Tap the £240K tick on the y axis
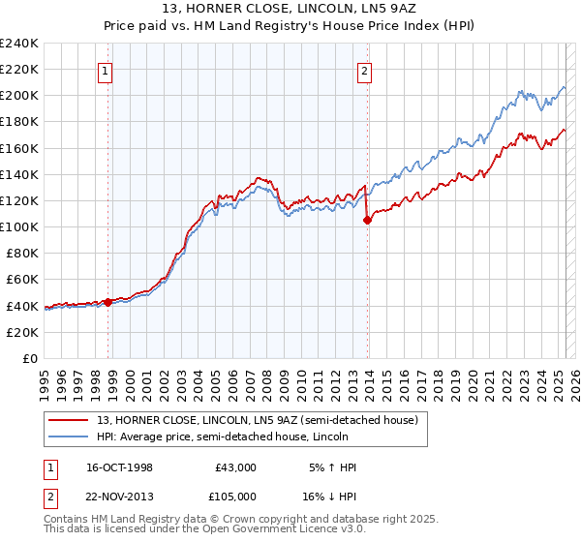pos(19,44)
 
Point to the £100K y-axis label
pos(19,226)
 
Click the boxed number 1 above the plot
pos(104,70)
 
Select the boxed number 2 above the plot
pos(365,70)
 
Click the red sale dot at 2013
pos(367,221)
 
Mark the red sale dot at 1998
pos(108,302)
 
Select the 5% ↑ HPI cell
pos(333,468)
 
